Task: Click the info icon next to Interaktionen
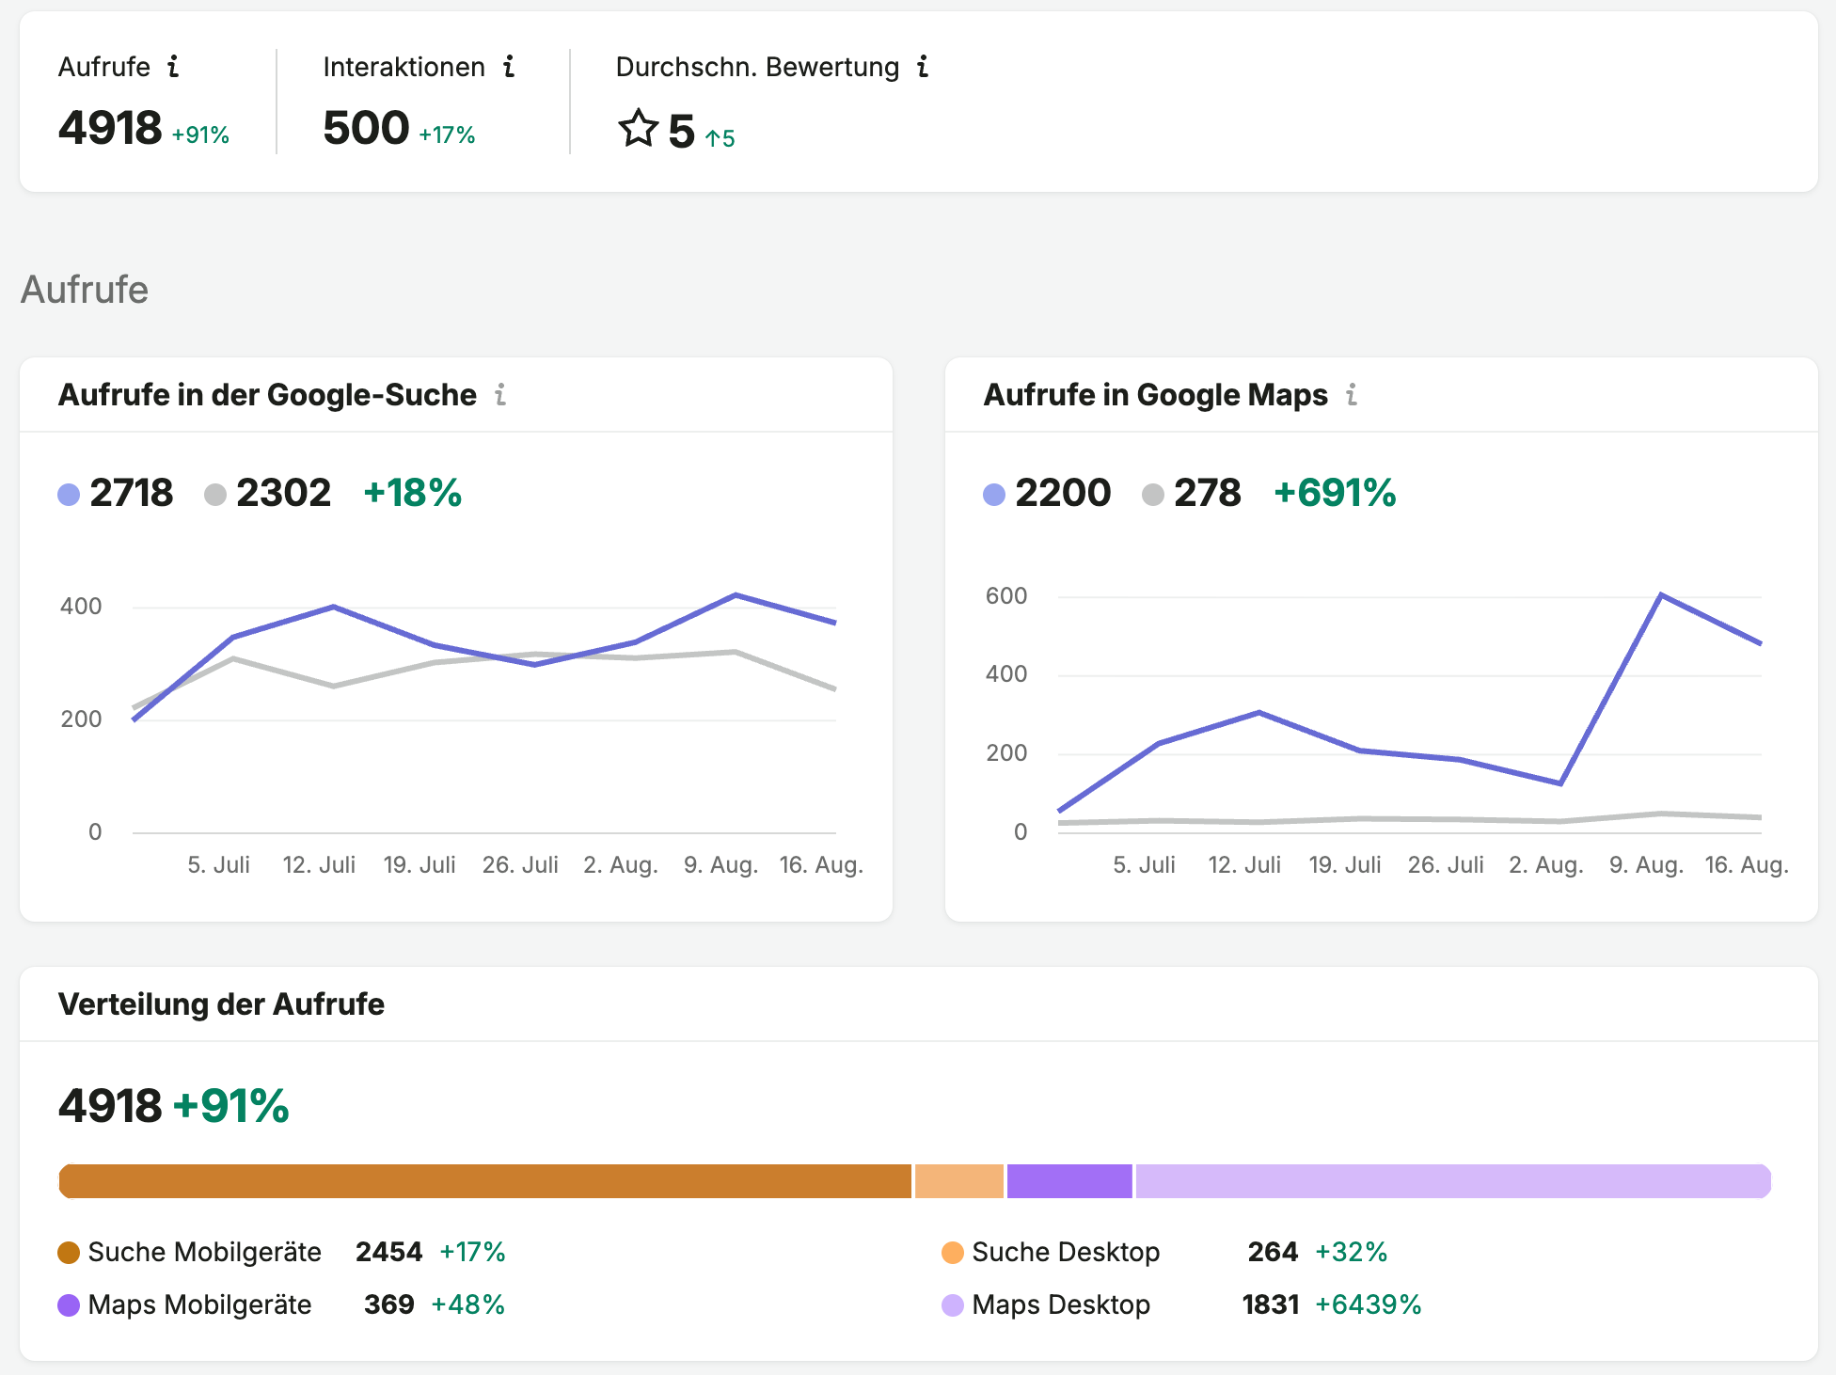coord(509,67)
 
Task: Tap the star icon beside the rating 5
coord(638,129)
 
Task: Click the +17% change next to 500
coord(447,135)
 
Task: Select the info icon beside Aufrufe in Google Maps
coord(1352,395)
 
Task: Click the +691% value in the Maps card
coord(1335,493)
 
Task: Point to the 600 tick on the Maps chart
coord(1006,596)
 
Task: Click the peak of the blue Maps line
coord(1661,594)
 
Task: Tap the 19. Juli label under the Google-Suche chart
coord(419,865)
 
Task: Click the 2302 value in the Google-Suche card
coord(283,493)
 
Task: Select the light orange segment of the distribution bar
coord(959,1181)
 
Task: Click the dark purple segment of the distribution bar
coord(1069,1181)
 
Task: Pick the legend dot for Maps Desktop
coord(953,1305)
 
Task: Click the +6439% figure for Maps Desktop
coord(1369,1305)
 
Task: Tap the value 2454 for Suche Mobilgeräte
coord(389,1253)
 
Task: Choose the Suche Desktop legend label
coord(1066,1253)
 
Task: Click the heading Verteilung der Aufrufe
coord(221,1004)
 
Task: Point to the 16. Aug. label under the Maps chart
coord(1747,865)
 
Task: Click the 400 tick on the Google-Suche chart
coord(81,607)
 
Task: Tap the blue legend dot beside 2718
coord(69,495)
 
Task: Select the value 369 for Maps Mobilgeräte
coord(389,1305)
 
